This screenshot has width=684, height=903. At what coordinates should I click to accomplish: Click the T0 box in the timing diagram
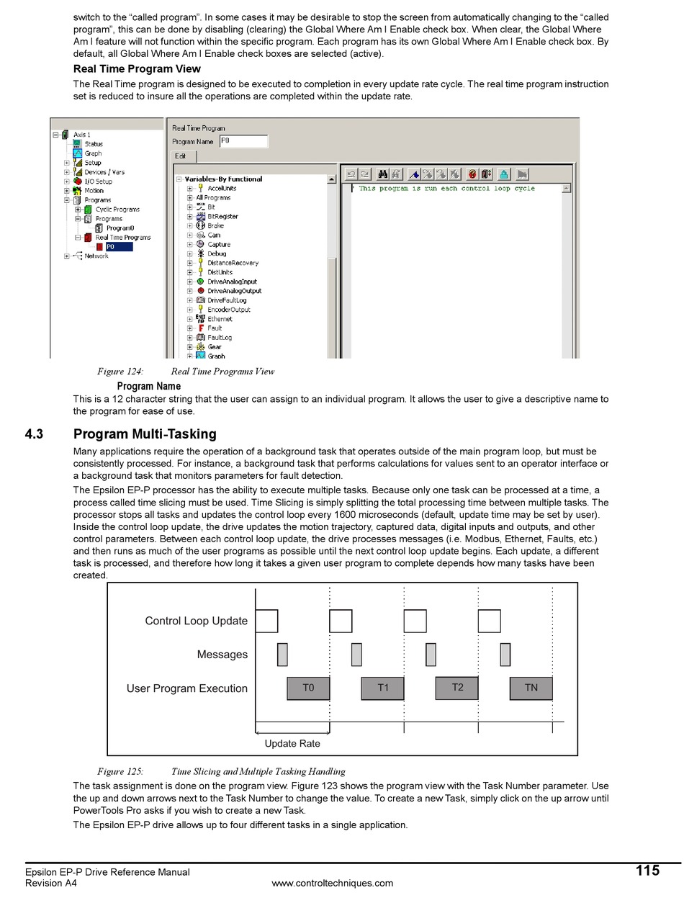(308, 688)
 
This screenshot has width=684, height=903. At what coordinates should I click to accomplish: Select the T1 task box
(382, 688)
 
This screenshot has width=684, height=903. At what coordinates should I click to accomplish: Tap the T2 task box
(456, 688)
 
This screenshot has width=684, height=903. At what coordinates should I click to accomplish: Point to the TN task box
(531, 688)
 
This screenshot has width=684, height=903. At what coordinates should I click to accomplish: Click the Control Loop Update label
(196, 621)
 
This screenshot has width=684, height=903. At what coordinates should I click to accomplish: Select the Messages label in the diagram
(222, 655)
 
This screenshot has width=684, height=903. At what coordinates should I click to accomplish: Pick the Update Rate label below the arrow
(292, 744)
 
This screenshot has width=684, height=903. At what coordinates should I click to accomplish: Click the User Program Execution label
(186, 688)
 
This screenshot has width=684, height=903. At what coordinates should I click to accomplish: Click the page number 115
(647, 871)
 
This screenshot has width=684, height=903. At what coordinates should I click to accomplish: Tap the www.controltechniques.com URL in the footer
(332, 884)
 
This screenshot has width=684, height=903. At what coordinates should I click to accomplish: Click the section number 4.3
(34, 434)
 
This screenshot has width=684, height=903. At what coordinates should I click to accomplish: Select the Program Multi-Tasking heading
(145, 434)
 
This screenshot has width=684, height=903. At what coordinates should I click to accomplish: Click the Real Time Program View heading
(137, 69)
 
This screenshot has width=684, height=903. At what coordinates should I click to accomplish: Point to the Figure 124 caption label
(120, 372)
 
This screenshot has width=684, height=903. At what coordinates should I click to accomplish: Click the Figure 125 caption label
(120, 771)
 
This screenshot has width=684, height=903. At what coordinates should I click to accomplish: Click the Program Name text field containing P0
(243, 141)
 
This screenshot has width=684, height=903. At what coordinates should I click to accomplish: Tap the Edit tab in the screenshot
(180, 156)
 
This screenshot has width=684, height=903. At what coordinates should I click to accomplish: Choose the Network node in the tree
(96, 256)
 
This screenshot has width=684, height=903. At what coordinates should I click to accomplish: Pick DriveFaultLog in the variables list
(227, 300)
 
